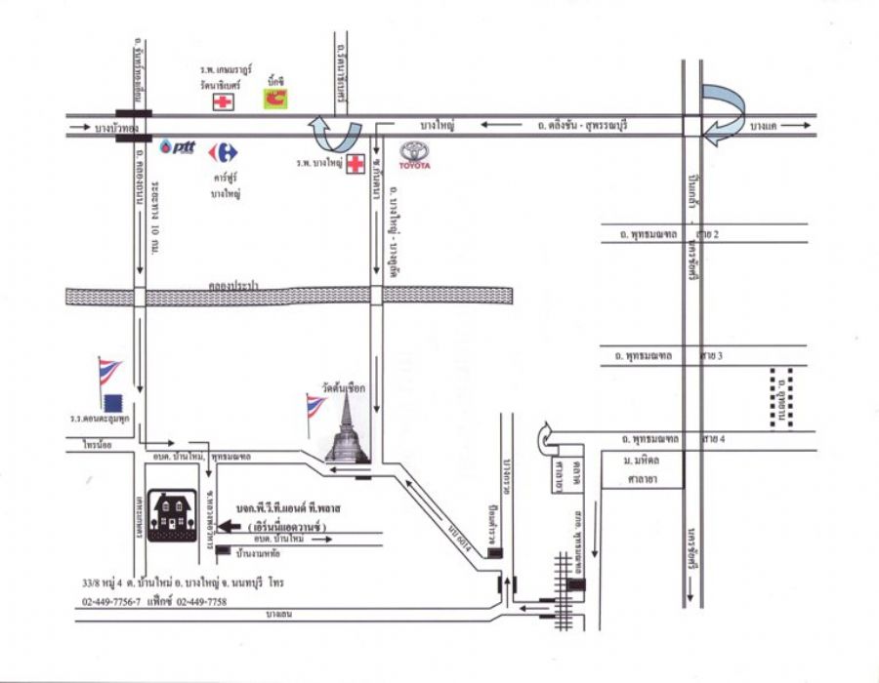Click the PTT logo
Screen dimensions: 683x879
pyautogui.click(x=181, y=147)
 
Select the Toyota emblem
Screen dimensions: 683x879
pyautogui.click(x=414, y=155)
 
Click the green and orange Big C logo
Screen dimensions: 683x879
pyautogui.click(x=276, y=97)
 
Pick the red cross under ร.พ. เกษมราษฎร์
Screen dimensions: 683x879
pyautogui.click(x=226, y=101)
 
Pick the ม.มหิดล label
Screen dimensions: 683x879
pyautogui.click(x=643, y=460)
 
